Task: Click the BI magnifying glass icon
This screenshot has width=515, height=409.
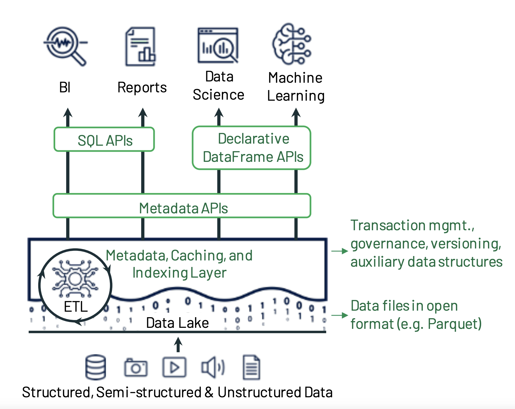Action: (65, 46)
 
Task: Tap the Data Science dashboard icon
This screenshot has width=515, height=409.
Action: (218, 46)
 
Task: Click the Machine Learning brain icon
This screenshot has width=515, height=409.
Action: (292, 44)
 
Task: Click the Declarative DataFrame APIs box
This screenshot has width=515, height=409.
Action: (252, 148)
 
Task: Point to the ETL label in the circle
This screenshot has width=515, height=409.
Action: (76, 306)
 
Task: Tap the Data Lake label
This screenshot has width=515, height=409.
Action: (177, 323)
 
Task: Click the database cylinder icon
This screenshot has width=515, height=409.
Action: (96, 367)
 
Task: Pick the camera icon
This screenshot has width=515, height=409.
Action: (136, 367)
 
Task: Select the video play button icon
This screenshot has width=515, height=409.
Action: (174, 367)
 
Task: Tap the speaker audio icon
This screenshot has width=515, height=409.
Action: (212, 367)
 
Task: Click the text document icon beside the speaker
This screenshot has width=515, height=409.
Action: (251, 367)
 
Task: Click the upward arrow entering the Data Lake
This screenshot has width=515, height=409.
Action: (178, 344)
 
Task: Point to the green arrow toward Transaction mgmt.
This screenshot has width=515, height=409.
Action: (340, 251)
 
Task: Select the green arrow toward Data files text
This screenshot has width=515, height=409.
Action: (340, 315)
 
